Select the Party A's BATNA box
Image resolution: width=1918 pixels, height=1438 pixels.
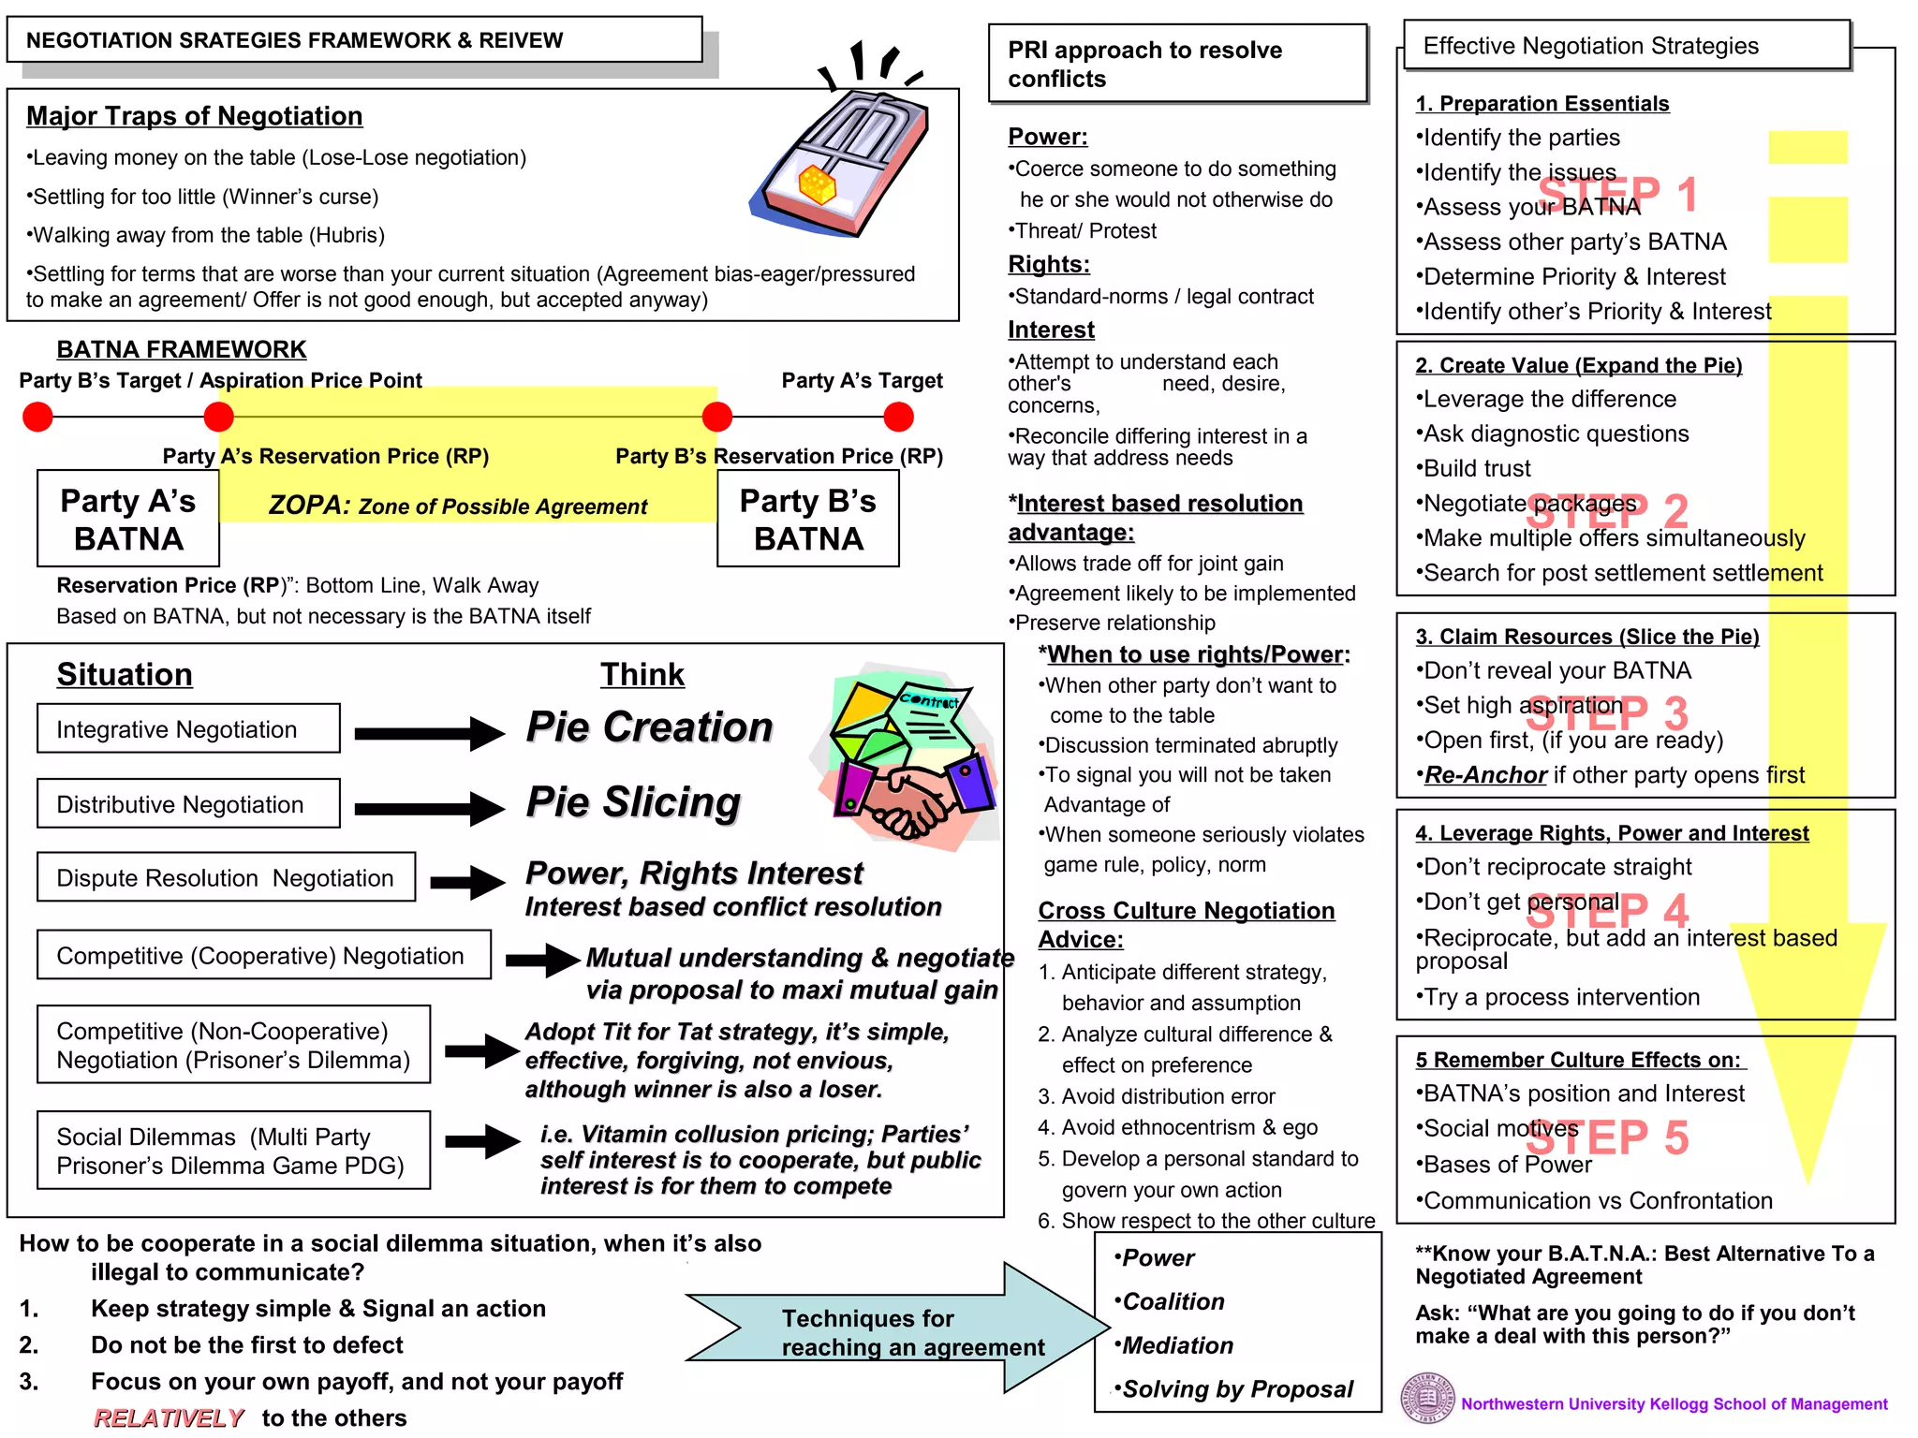click(128, 519)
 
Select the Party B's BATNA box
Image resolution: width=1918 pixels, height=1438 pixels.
click(807, 519)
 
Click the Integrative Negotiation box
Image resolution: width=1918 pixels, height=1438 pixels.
click(188, 728)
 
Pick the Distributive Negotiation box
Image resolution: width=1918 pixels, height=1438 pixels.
click(188, 803)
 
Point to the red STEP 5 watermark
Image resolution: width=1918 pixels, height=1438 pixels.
click(1607, 1138)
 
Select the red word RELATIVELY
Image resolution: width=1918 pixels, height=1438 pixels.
click(169, 1418)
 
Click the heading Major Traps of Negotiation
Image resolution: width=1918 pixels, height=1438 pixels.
click(194, 116)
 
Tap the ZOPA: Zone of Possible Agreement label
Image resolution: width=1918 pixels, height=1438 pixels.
click(457, 506)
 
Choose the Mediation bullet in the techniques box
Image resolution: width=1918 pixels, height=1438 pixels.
click(1176, 1345)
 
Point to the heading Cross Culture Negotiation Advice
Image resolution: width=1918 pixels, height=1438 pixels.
click(1186, 924)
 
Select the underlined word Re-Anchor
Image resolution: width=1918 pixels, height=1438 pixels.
click(1484, 775)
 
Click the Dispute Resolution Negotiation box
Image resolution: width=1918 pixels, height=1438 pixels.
click(226, 877)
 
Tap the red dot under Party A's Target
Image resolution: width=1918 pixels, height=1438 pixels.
click(898, 417)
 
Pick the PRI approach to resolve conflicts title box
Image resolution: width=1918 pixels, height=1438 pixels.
click(1178, 64)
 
